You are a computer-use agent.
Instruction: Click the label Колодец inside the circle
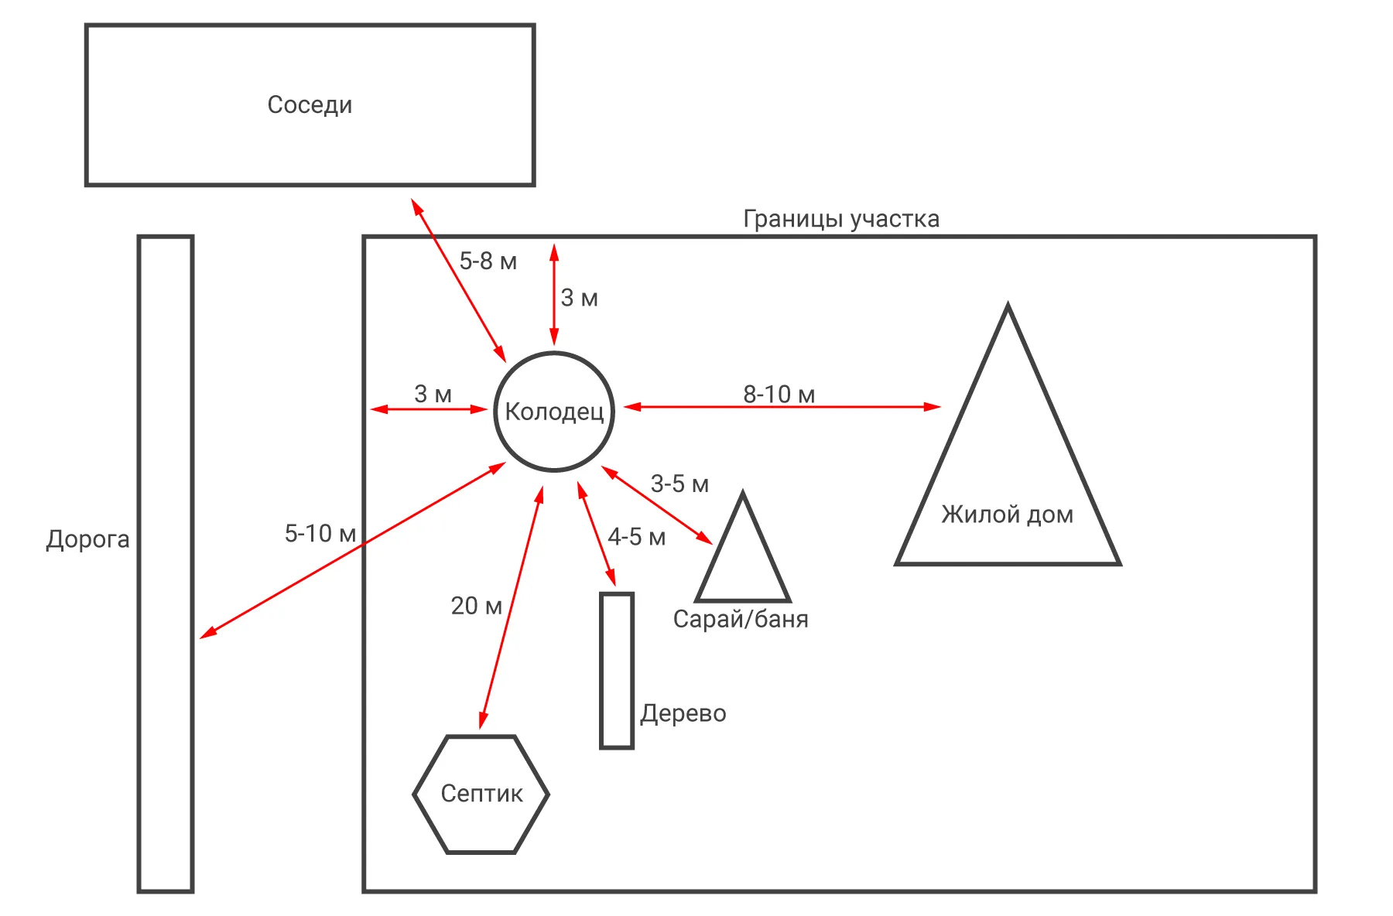tap(554, 412)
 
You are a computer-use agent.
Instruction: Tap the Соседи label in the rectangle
tap(310, 104)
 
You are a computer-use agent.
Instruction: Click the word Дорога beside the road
tap(87, 539)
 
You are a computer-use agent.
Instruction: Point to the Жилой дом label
tap(1007, 514)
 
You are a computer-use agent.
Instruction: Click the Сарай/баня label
tap(741, 619)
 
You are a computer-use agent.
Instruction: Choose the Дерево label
tap(683, 713)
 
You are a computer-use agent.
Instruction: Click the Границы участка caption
tap(841, 219)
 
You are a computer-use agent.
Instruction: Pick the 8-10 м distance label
tap(779, 395)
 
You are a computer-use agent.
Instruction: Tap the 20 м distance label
tap(476, 606)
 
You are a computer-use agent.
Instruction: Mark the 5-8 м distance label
tap(488, 261)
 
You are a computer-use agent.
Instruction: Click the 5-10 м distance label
tap(320, 534)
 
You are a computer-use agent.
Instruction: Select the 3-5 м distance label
tap(679, 484)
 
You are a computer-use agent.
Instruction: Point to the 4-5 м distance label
tap(636, 537)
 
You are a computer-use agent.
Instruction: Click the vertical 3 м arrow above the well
tap(554, 294)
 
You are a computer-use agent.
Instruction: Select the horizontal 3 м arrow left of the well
tap(429, 408)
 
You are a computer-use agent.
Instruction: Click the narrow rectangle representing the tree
tap(617, 671)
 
